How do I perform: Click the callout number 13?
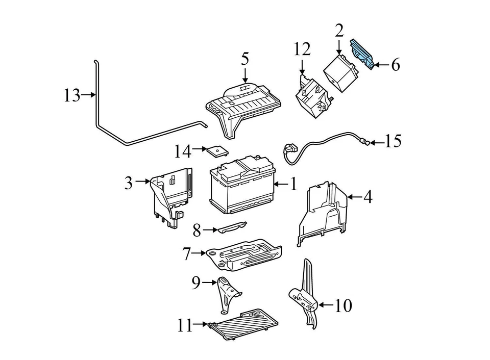tap(72, 95)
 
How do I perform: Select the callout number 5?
tap(245, 59)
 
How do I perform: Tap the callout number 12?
tap(302, 49)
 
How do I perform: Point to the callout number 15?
tap(393, 141)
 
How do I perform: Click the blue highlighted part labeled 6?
tap(363, 54)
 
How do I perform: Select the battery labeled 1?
tap(243, 188)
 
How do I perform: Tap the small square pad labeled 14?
tap(218, 151)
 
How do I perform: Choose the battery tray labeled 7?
tap(245, 254)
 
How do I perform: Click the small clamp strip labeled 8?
tap(231, 227)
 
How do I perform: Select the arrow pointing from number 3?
tap(143, 181)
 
